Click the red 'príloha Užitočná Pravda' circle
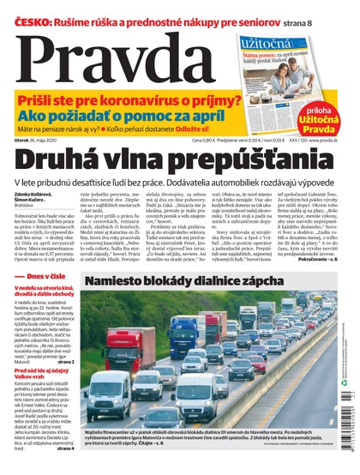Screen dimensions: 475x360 coord(329,117)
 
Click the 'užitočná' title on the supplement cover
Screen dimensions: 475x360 coord(268,40)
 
